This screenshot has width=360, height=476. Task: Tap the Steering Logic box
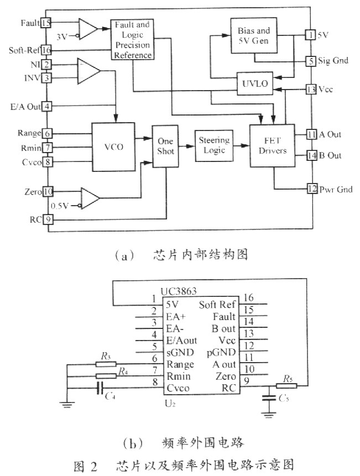tap(213, 145)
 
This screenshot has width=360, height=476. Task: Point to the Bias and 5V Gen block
tap(254, 34)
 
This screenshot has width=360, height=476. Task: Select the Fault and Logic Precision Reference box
tap(132, 40)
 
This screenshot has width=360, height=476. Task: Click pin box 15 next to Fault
tap(46, 23)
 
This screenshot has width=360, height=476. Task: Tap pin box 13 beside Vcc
tap(311, 90)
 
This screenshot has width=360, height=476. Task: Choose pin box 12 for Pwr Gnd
tap(311, 190)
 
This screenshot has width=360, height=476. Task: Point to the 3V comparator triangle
tap(87, 28)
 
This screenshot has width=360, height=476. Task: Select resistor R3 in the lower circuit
tap(103, 364)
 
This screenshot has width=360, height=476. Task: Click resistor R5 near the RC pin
tap(288, 385)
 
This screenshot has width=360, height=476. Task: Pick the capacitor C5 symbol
tap(270, 397)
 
